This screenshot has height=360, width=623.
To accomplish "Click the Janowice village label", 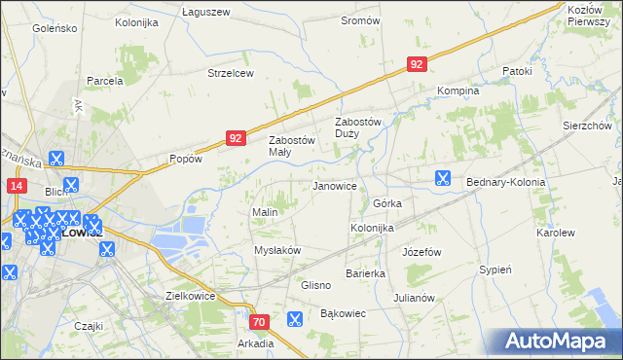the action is click(334, 186).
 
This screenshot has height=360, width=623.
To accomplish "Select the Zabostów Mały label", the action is click(292, 146).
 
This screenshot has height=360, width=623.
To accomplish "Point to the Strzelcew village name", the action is click(231, 73).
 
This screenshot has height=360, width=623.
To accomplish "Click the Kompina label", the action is click(458, 90).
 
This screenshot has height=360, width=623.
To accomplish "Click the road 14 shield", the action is click(15, 185).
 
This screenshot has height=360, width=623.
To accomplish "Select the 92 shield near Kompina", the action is click(416, 64).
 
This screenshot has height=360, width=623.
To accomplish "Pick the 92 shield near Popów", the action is click(235, 138).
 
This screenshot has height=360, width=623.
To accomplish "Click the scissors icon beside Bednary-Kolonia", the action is click(443, 178).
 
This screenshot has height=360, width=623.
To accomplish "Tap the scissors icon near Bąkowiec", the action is click(295, 318).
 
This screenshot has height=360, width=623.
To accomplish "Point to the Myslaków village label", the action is click(277, 250).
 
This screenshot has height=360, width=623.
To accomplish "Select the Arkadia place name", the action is click(255, 343).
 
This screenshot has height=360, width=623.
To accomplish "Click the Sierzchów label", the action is click(586, 126).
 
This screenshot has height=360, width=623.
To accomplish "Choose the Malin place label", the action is click(266, 212).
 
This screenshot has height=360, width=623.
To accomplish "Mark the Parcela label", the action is click(104, 81).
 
